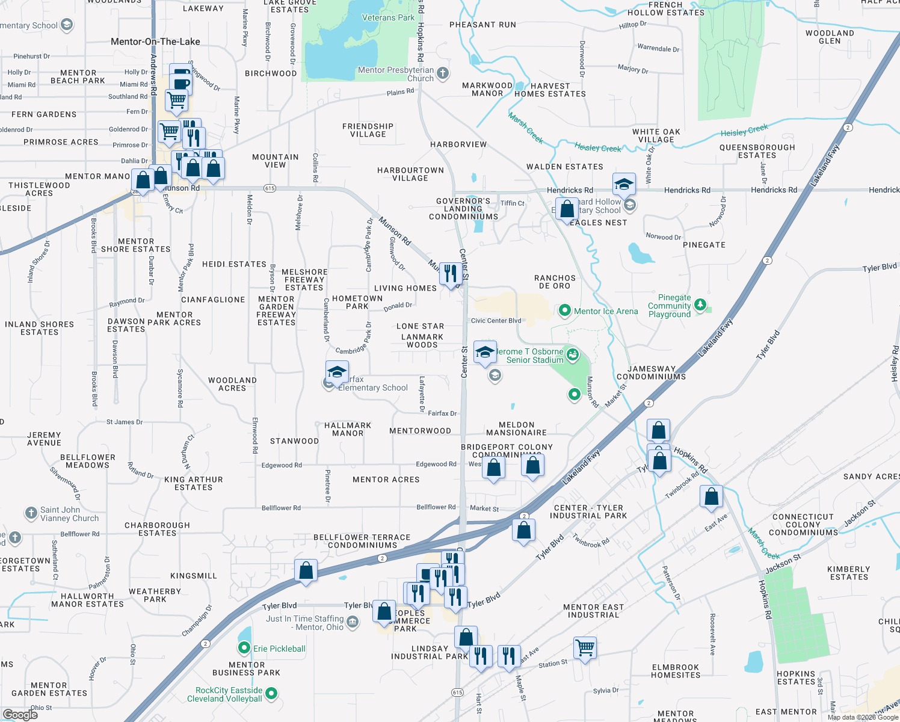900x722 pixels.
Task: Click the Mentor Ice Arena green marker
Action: (x=564, y=310)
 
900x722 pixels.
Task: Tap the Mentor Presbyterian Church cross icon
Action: (x=443, y=73)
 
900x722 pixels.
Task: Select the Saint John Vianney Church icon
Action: (x=31, y=513)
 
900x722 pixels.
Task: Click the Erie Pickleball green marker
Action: (x=244, y=648)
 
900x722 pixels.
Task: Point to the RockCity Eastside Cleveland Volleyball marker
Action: (x=271, y=694)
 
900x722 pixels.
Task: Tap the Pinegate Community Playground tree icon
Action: (x=700, y=305)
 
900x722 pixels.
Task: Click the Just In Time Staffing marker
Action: (x=353, y=622)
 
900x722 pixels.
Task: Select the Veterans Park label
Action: (x=388, y=17)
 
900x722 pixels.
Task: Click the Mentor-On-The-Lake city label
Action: (x=155, y=42)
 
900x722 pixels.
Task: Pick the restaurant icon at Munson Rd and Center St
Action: (x=451, y=273)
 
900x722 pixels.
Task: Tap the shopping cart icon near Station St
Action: (x=585, y=647)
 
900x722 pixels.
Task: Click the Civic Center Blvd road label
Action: (x=496, y=321)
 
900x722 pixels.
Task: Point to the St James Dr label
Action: (x=125, y=422)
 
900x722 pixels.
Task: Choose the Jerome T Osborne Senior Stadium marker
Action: (x=572, y=354)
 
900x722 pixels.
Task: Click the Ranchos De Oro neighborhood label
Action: (x=555, y=282)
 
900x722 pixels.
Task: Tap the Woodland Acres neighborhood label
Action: (x=232, y=384)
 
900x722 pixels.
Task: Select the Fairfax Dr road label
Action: (x=442, y=413)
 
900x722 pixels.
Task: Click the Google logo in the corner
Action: (x=20, y=714)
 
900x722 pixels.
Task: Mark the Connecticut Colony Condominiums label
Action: (x=803, y=525)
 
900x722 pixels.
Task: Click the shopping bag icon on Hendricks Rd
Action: (x=567, y=209)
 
